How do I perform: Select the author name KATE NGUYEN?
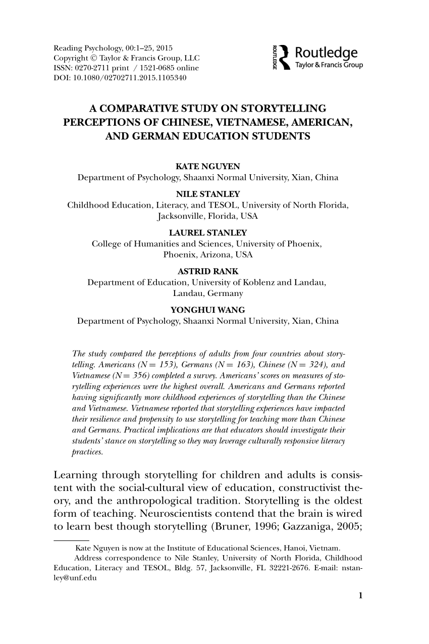click(x=207, y=167)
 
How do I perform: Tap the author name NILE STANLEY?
click(x=207, y=194)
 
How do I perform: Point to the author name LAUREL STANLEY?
click(x=207, y=232)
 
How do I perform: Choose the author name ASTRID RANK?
click(x=207, y=271)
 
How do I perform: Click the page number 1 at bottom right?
click(x=360, y=595)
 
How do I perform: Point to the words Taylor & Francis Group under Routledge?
click(x=329, y=65)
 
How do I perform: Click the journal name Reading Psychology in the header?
click(x=85, y=48)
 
